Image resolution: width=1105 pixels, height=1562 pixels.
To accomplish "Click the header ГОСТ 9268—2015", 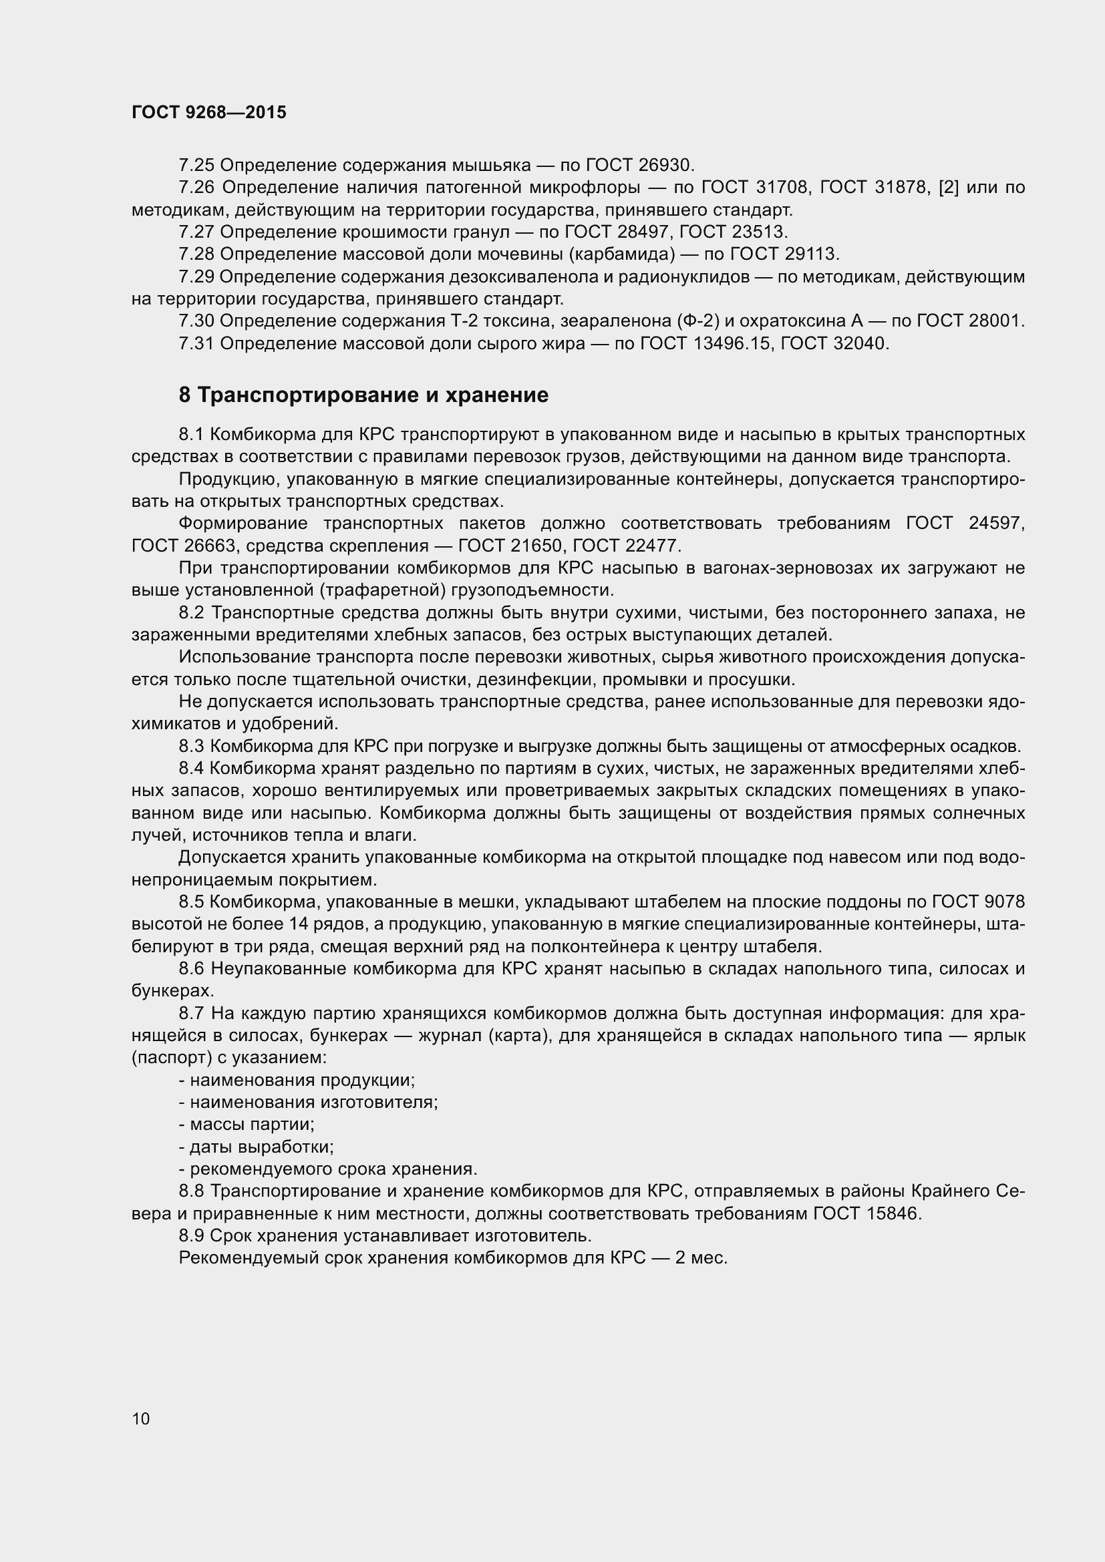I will click(x=209, y=112).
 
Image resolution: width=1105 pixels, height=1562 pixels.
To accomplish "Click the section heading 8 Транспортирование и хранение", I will click(x=363, y=395).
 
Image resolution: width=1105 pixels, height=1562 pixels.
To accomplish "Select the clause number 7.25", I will click(x=196, y=166).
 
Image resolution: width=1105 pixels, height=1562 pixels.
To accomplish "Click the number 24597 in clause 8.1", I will click(x=995, y=523).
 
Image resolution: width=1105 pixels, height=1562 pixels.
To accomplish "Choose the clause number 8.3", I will click(x=191, y=747).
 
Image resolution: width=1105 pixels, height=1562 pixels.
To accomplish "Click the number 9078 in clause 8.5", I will click(x=1004, y=902).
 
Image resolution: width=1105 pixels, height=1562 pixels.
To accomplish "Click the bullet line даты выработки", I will click(x=256, y=1147).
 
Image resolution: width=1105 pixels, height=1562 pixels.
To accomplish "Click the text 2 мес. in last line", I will click(x=701, y=1258).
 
